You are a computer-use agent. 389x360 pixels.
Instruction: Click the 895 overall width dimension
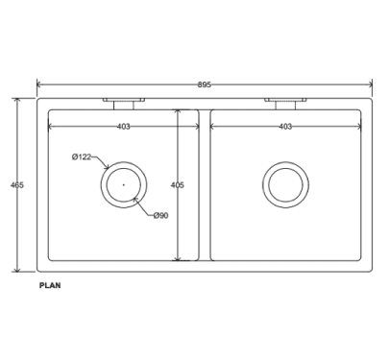point(205,84)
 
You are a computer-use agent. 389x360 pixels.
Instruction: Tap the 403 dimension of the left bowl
point(124,126)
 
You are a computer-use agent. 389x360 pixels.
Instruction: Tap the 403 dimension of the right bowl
point(285,126)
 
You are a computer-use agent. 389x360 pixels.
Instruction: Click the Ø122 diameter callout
point(82,156)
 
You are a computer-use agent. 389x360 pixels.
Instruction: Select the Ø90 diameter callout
point(160,215)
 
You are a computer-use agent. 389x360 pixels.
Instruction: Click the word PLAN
point(51,285)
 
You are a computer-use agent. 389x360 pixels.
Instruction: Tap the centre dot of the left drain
point(124,183)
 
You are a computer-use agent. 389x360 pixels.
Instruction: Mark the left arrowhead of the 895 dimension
point(39,84)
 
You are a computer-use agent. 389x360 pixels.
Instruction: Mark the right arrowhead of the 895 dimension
point(370,84)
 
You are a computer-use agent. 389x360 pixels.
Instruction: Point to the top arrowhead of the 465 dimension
point(17,100)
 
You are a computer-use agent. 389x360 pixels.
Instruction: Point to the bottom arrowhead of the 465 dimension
point(17,269)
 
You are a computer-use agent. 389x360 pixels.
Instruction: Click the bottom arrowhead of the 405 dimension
point(178,258)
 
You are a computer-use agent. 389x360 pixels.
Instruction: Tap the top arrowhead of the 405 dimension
point(178,110)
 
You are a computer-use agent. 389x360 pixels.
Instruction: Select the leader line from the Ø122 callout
point(100,159)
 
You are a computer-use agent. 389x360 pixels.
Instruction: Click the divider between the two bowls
point(205,184)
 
